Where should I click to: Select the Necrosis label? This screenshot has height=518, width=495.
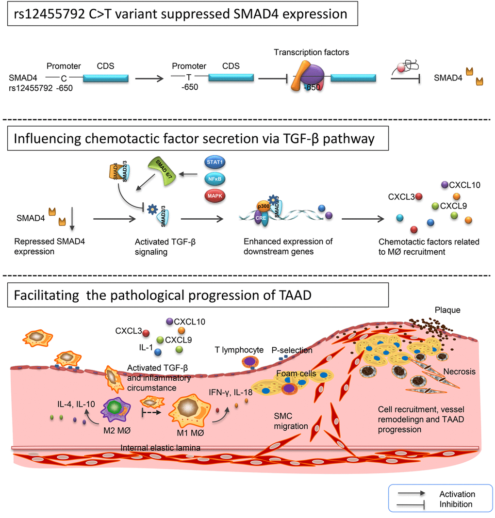click(459, 372)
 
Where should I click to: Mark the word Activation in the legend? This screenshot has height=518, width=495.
click(457, 494)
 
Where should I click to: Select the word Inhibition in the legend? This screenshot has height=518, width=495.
click(456, 504)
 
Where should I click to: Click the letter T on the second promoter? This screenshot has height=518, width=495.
click(188, 77)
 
